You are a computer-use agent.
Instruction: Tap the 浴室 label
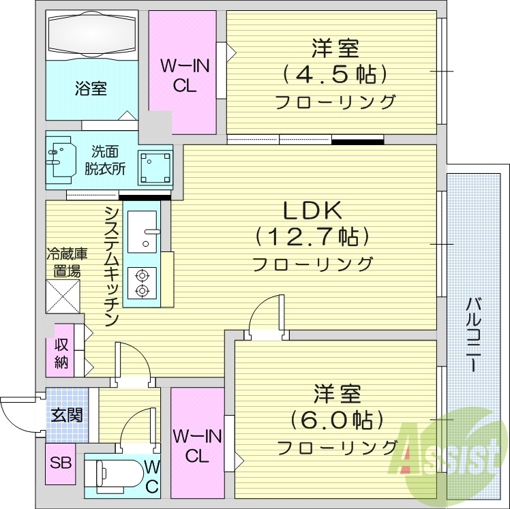coord(90,89)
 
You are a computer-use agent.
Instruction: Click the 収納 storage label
coord(61,354)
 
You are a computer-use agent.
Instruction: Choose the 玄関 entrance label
coord(66,414)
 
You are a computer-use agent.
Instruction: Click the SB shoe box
coord(61,463)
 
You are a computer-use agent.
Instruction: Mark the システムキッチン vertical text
coord(112,266)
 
